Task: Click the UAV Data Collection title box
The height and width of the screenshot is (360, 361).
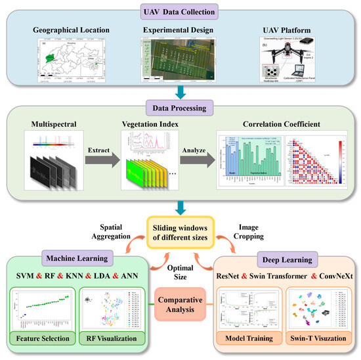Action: (180, 12)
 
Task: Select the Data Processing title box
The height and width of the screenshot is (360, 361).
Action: (180, 106)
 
